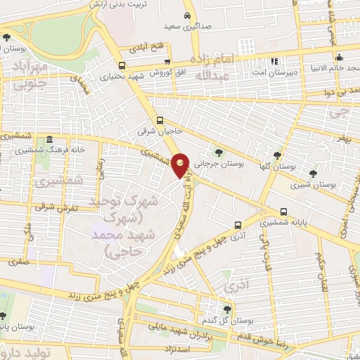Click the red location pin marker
[x=181, y=166]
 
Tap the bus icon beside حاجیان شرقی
[x=160, y=120]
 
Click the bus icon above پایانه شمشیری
[x=283, y=211]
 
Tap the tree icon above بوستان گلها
[x=277, y=155]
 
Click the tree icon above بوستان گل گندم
[x=226, y=309]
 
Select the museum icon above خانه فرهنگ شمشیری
[x=49, y=141]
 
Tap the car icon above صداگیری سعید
[x=186, y=15]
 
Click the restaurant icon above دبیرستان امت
[x=275, y=59]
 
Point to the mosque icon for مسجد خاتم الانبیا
[x=339, y=58]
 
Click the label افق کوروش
[x=152, y=72]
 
